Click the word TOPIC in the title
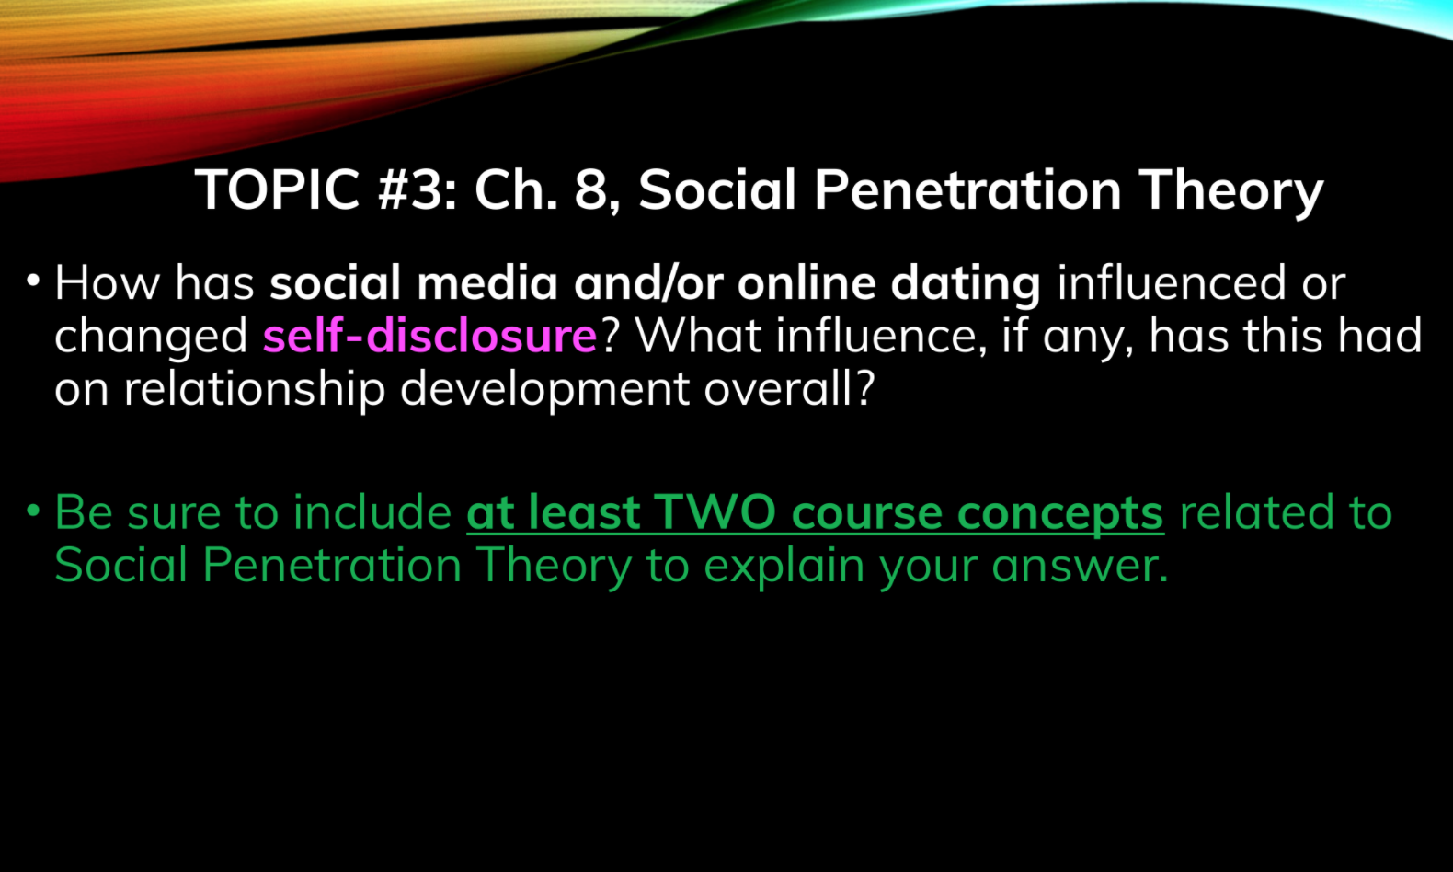pos(278,189)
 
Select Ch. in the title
pos(516,189)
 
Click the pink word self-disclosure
pos(429,336)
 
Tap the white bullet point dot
pos(33,281)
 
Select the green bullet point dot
pos(33,511)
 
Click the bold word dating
pos(966,284)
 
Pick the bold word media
pos(487,283)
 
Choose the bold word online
pos(807,283)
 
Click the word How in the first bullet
pos(107,283)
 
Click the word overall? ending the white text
pos(790,388)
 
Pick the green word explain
pos(784,567)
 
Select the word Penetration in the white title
pos(967,189)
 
